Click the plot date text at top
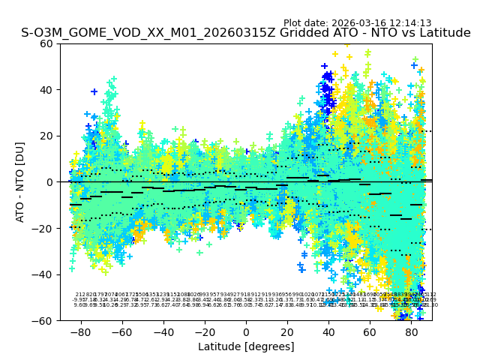pos(357,23)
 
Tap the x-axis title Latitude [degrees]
pos(246,346)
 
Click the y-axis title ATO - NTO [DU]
pos(21,182)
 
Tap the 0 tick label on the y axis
pos(51,182)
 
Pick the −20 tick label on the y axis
pos(45,229)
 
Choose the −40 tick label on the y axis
pos(45,274)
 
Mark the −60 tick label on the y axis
pos(45,321)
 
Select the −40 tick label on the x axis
pos(163,331)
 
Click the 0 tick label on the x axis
pos(246,331)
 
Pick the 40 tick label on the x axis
pos(328,331)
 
